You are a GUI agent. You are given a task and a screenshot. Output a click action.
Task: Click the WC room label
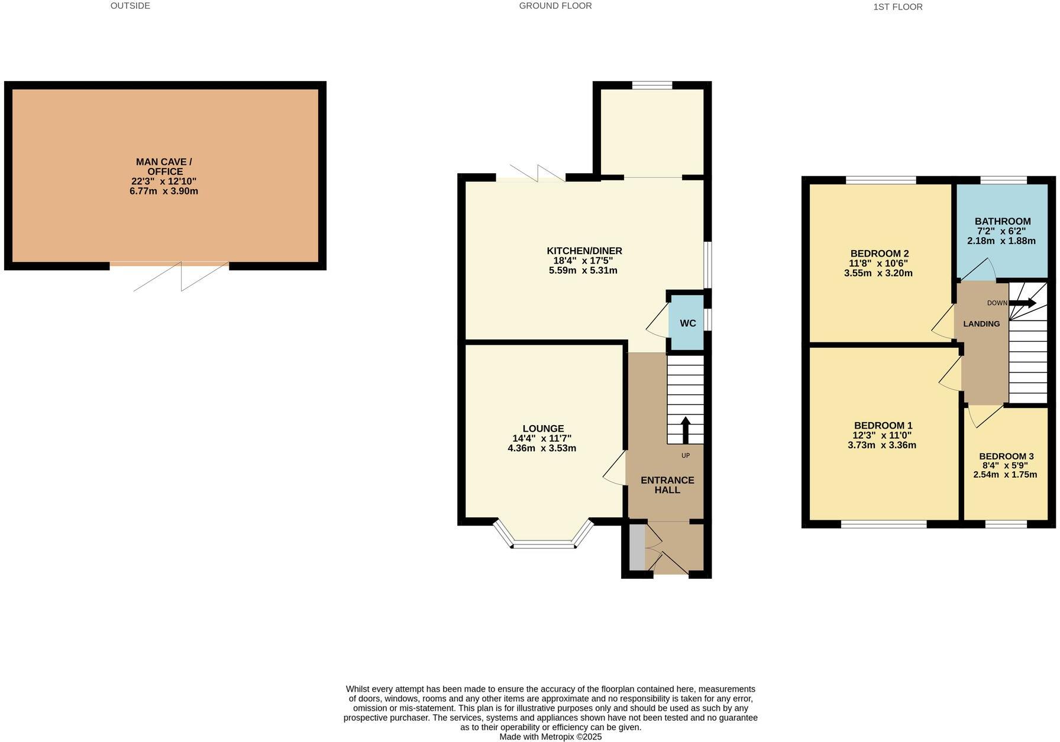point(687,323)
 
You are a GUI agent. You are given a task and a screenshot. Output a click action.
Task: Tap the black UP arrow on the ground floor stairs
point(686,430)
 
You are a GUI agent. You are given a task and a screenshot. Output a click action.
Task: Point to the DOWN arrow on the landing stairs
point(1022,303)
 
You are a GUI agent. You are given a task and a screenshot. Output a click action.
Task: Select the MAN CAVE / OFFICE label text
point(164,167)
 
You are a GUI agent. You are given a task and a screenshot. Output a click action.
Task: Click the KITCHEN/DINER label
point(584,251)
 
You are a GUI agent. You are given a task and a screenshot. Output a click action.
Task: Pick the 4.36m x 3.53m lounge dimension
point(542,448)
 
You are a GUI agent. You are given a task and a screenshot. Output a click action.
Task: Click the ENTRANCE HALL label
point(667,485)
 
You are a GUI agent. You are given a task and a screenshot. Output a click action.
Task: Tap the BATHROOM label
point(1003,221)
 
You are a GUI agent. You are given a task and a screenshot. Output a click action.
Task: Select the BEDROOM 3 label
point(1006,456)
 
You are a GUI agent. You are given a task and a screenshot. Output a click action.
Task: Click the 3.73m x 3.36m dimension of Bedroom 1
point(882,445)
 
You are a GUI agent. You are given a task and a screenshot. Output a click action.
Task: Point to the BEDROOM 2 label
point(879,253)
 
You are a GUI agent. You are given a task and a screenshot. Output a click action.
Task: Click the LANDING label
point(981,324)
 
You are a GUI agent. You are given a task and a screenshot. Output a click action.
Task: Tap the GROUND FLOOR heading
point(555,6)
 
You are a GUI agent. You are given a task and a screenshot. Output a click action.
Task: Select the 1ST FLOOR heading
point(897,7)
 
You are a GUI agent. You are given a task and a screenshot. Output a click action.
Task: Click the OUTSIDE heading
point(130,6)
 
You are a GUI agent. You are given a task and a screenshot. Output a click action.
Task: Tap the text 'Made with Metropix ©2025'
point(550,737)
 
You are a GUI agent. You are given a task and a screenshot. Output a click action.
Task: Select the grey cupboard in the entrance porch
point(637,547)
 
